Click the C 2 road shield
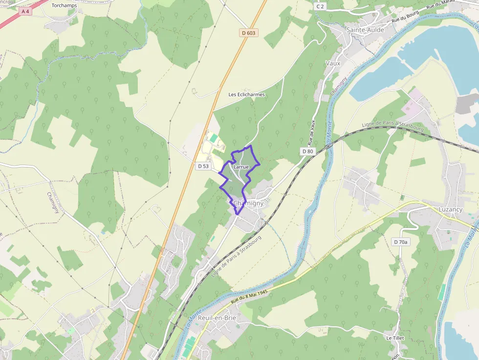[320, 6]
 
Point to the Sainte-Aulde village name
[365, 30]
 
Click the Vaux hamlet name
[332, 63]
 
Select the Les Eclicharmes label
[247, 94]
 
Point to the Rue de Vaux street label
[311, 132]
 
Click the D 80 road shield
[307, 151]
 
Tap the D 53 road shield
[203, 166]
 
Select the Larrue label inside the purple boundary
[241, 167]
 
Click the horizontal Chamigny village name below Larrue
[248, 203]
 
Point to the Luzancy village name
[450, 210]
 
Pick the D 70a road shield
[400, 242]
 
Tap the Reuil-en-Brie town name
[218, 318]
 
